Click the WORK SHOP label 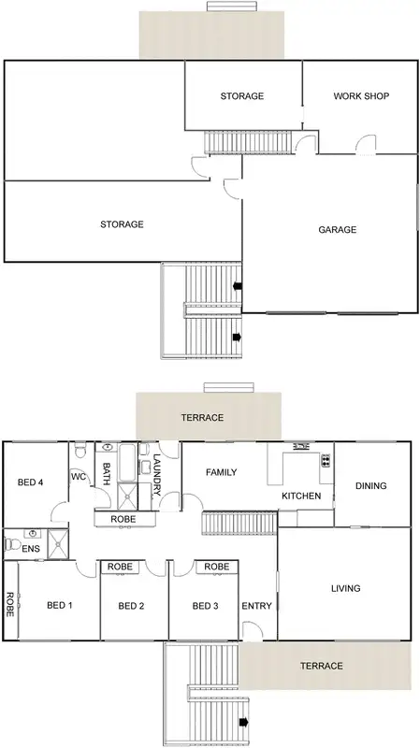click(x=360, y=96)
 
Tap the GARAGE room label click(x=337, y=229)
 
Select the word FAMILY click(x=221, y=472)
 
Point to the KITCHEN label click(x=301, y=496)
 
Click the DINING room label click(x=371, y=485)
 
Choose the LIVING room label click(x=346, y=588)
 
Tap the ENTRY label click(x=257, y=606)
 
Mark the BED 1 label click(x=60, y=606)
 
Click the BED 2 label click(x=131, y=606)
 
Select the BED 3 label click(x=205, y=606)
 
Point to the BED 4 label click(x=31, y=482)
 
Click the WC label click(x=79, y=476)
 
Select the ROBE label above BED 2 click(x=119, y=567)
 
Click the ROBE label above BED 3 click(x=216, y=567)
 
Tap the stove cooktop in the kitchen click(x=326, y=459)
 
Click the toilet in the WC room click(x=81, y=452)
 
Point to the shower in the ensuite click(x=60, y=543)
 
